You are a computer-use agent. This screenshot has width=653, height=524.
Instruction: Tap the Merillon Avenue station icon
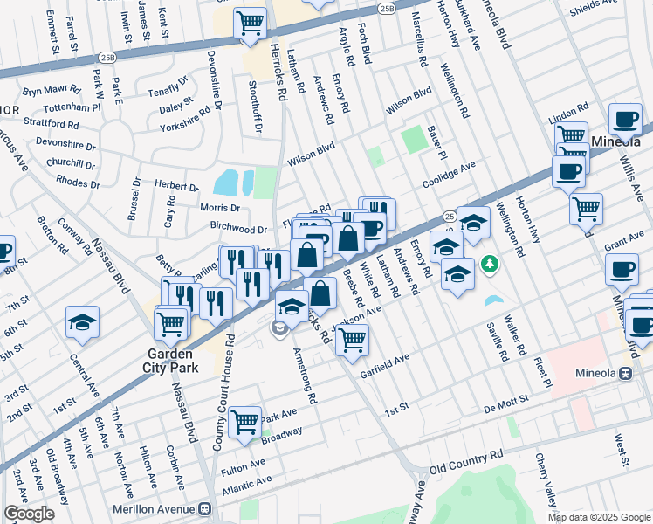coord(205,507)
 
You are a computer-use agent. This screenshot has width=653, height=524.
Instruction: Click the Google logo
coord(29,514)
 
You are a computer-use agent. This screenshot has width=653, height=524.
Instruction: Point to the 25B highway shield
coord(387,8)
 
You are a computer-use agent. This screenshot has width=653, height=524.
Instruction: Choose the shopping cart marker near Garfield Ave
coord(352,340)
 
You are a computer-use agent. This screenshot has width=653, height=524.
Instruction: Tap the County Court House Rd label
coord(223,392)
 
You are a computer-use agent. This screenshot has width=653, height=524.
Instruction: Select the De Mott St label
coord(502,399)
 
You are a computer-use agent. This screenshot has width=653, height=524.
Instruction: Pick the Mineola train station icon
coord(625,373)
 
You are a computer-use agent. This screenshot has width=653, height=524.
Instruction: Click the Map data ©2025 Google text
coord(598,516)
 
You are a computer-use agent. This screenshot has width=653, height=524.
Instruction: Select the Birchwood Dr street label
coord(238,228)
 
